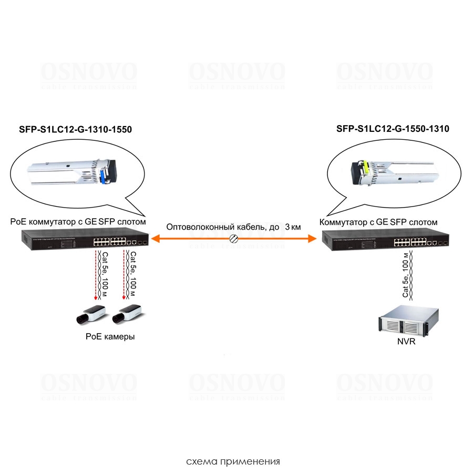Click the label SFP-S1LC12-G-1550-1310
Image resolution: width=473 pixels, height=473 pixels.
(393, 129)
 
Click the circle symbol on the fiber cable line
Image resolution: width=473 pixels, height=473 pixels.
(234, 240)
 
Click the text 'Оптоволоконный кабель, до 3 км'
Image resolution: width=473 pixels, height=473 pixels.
(233, 227)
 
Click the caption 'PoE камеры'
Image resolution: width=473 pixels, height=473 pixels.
(110, 337)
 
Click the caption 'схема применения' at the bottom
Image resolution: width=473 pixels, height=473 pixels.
(233, 462)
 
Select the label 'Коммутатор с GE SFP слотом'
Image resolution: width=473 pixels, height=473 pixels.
(378, 222)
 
